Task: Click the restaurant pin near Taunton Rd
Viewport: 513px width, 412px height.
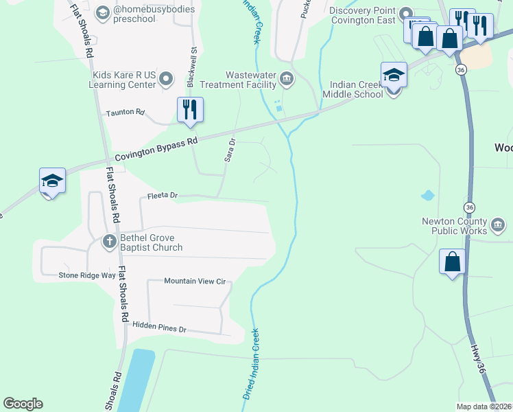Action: click(x=190, y=110)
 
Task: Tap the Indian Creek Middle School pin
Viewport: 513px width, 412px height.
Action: click(x=394, y=75)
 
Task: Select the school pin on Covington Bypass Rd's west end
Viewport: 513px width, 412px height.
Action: click(x=52, y=181)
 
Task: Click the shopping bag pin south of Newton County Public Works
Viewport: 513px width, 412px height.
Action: click(x=452, y=262)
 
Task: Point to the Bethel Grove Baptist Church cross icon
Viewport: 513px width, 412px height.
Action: click(x=109, y=241)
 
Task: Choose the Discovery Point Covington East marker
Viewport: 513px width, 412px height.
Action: click(x=405, y=14)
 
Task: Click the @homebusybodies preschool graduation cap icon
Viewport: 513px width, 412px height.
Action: click(x=102, y=12)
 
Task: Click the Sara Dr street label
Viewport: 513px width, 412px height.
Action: click(x=230, y=150)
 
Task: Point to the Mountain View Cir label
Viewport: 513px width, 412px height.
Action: click(x=195, y=282)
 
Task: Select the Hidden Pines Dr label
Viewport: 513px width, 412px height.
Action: click(x=159, y=329)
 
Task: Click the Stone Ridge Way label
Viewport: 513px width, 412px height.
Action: click(x=86, y=275)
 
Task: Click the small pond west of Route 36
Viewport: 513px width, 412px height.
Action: click(x=427, y=195)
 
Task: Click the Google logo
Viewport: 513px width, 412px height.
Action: click(x=23, y=404)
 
